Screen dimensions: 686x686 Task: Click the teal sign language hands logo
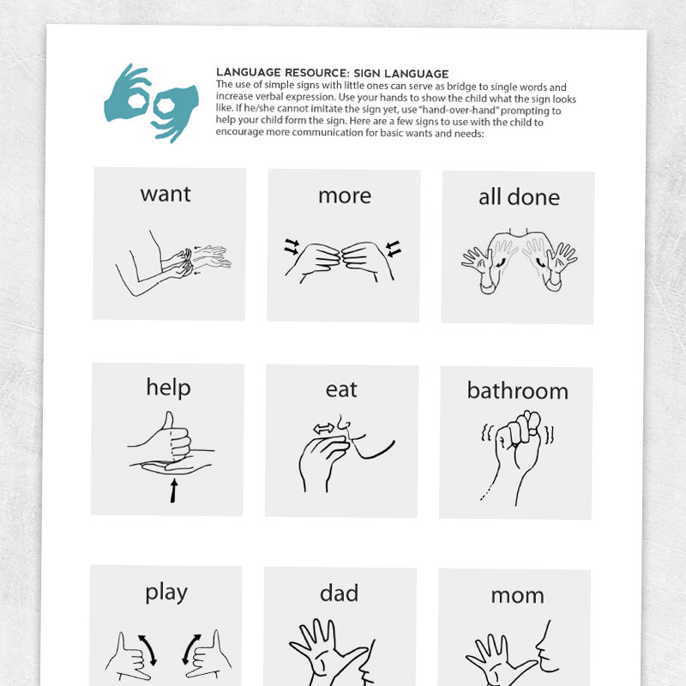click(143, 100)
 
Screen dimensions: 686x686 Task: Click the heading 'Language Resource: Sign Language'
click(332, 73)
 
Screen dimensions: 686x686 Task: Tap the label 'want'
click(165, 194)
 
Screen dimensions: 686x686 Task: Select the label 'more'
click(344, 196)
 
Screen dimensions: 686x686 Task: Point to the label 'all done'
click(519, 197)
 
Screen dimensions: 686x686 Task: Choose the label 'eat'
click(341, 389)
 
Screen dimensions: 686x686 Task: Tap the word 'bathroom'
click(517, 391)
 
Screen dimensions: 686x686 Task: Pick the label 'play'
click(165, 592)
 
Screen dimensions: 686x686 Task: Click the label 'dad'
click(339, 593)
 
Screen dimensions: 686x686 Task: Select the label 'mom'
click(517, 594)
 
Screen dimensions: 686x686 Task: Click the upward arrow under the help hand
click(173, 491)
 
